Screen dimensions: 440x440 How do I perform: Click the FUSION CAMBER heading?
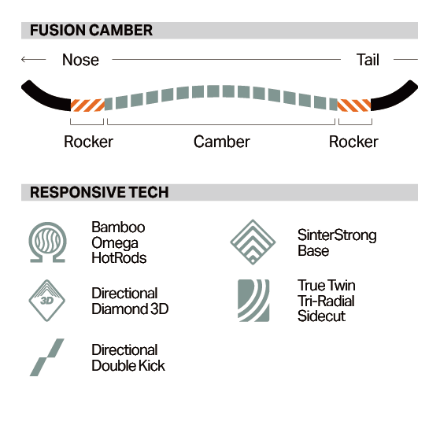click(91, 31)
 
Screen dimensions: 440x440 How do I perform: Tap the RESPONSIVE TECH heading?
click(99, 193)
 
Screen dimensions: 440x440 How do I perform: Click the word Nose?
click(80, 60)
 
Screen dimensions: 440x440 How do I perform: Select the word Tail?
click(368, 60)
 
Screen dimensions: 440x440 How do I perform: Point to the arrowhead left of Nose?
click(24, 60)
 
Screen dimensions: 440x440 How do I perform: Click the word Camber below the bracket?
click(222, 142)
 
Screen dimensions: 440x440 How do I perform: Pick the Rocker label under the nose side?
click(88, 142)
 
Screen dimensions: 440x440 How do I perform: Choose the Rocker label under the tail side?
click(353, 142)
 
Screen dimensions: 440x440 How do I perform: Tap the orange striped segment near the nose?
click(87, 105)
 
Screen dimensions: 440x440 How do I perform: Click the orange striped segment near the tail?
click(354, 105)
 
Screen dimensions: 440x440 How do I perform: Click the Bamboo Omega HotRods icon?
click(48, 242)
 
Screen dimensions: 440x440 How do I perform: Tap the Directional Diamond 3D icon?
click(47, 301)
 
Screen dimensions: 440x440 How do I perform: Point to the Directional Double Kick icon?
click(47, 357)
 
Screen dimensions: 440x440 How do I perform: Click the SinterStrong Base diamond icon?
click(253, 242)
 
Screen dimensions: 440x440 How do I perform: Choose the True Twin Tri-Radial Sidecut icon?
click(253, 301)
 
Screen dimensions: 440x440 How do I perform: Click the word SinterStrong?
click(337, 235)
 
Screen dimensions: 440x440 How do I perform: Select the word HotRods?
click(119, 258)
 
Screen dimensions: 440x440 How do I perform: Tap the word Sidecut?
click(321, 316)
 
